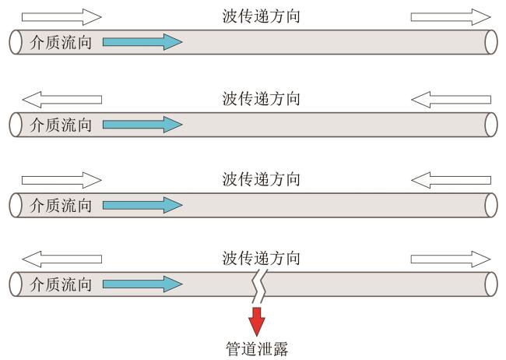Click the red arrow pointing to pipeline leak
click(x=256, y=320)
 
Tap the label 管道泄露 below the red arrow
click(x=256, y=348)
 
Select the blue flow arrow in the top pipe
click(x=142, y=42)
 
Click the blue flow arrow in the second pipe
click(x=142, y=123)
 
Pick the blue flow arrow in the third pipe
click(x=142, y=205)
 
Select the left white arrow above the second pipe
click(x=61, y=99)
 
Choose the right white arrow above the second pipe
click(x=451, y=99)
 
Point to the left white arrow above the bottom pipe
click(x=61, y=259)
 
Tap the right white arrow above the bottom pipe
click(x=451, y=259)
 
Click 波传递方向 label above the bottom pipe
click(x=261, y=258)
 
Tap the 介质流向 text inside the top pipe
click(x=60, y=42)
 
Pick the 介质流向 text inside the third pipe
click(x=60, y=205)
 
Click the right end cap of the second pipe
click(x=490, y=123)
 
